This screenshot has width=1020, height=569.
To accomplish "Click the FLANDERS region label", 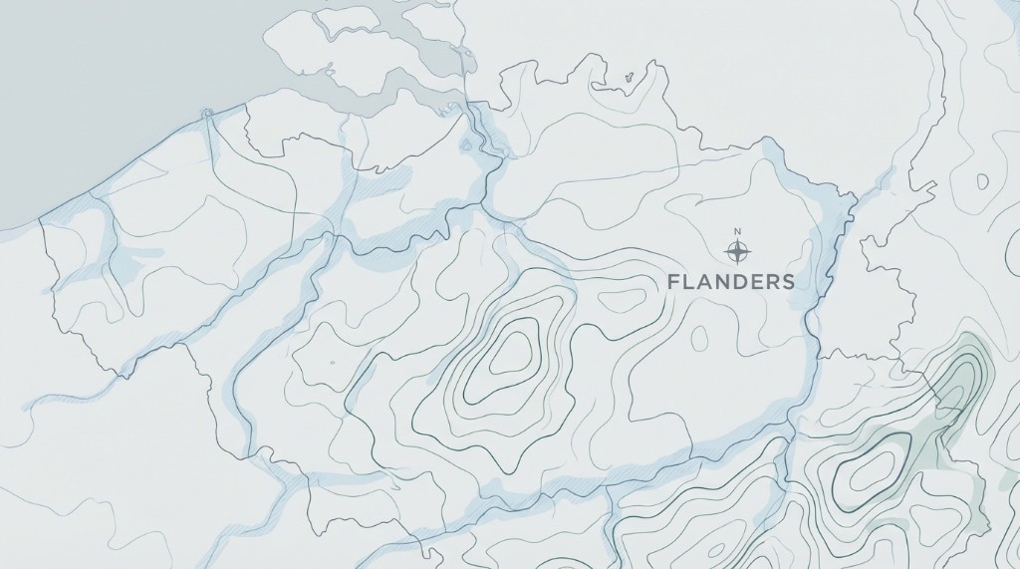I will click(x=731, y=282).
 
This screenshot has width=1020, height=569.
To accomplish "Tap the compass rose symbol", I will click(x=737, y=248).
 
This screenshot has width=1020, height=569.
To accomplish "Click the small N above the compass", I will click(x=737, y=232).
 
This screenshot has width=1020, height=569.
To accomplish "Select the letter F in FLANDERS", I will click(x=673, y=282).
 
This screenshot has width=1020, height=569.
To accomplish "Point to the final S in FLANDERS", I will click(x=788, y=282).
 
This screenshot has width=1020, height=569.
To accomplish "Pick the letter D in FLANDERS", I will click(x=738, y=282).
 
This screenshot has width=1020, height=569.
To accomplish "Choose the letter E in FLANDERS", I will click(x=755, y=282).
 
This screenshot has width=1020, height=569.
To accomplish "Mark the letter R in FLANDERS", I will click(x=772, y=282).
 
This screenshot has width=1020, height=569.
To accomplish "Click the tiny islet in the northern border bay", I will click(x=629, y=77).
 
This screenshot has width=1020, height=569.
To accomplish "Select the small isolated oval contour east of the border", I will click(x=982, y=182).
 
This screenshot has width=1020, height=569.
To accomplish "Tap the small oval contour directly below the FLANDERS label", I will click(x=699, y=338).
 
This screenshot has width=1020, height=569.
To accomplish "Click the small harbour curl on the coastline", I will click(x=208, y=113).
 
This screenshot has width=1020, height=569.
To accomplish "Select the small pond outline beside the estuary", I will click(x=465, y=146).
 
